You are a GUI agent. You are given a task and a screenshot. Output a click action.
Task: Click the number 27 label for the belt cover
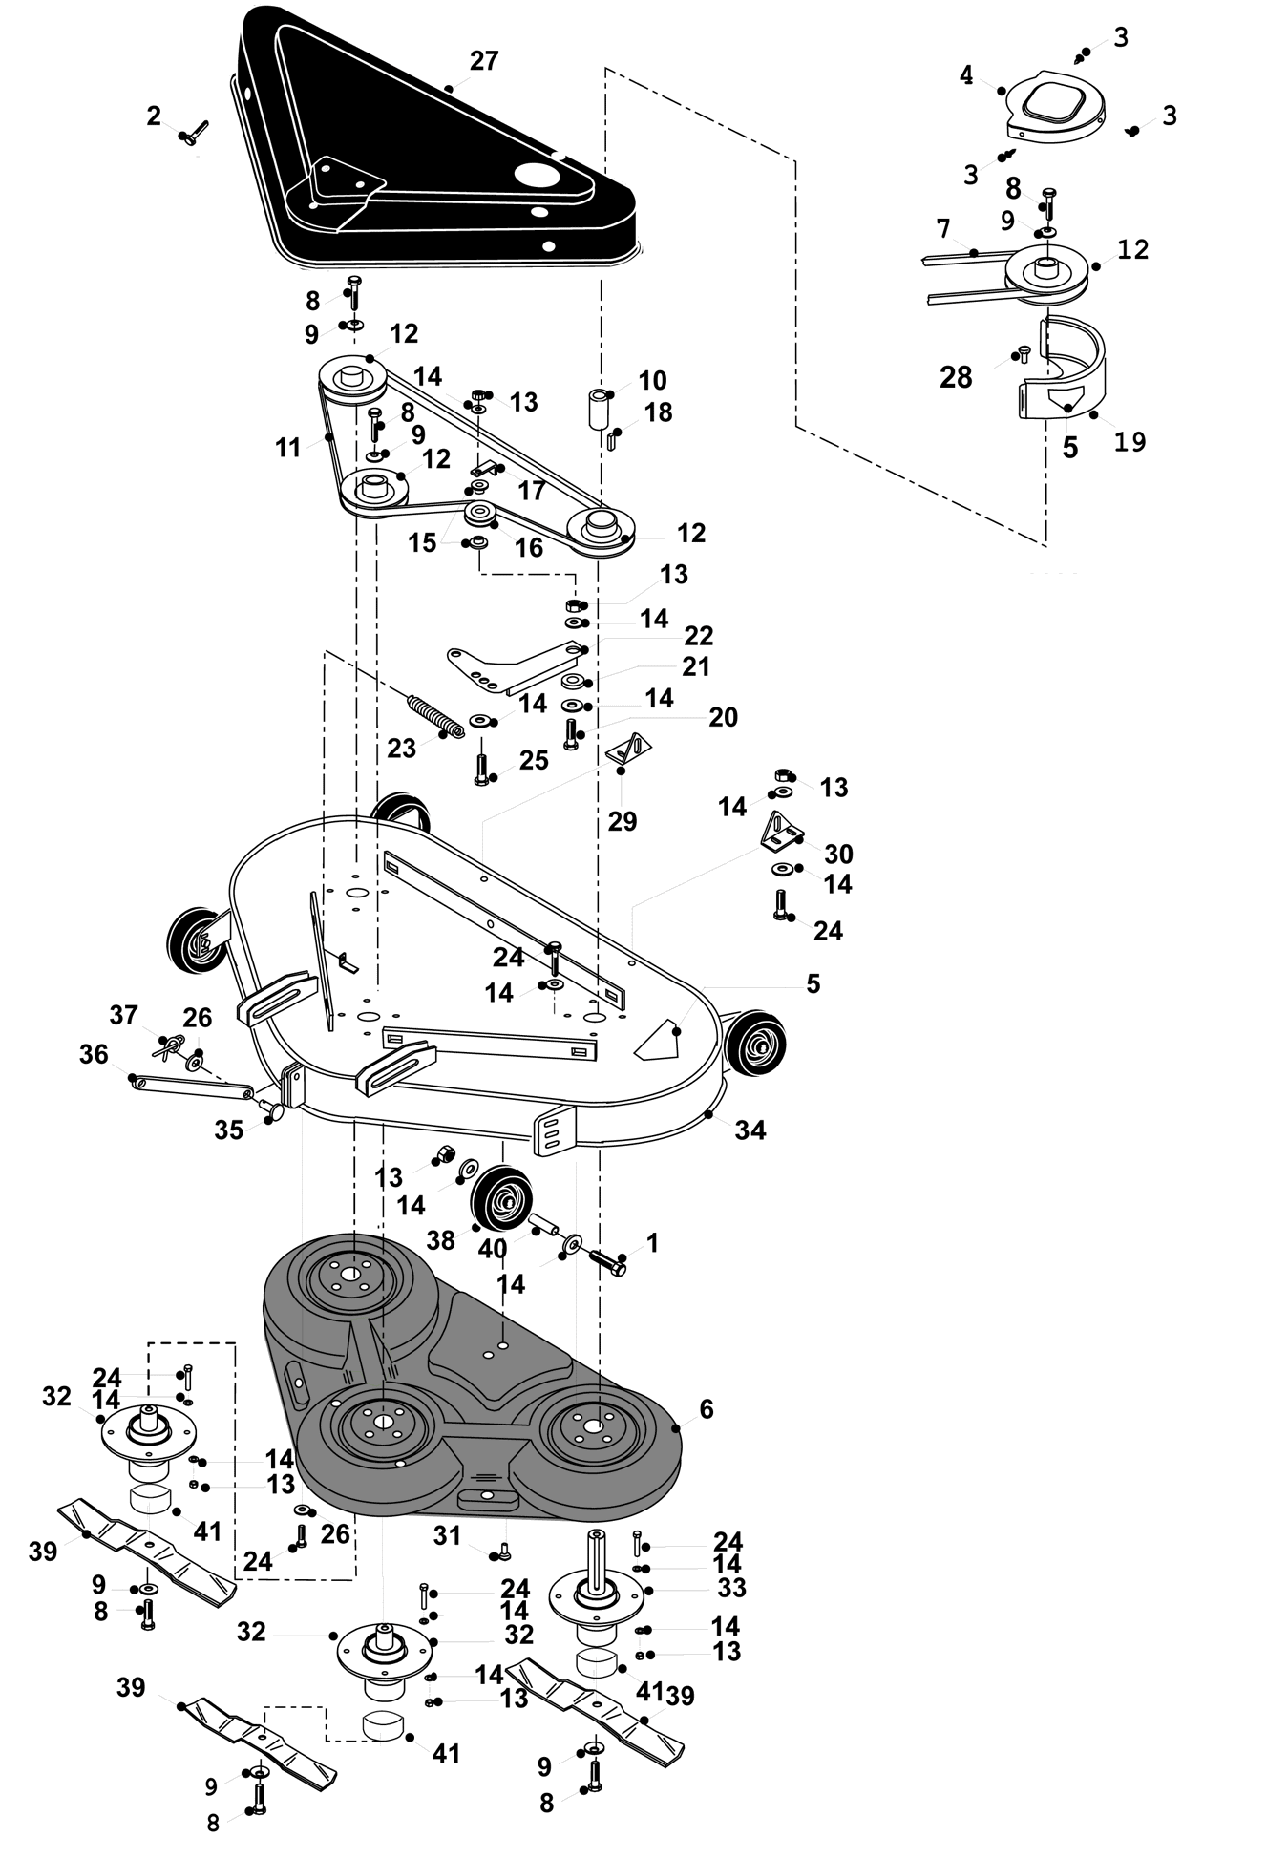484,61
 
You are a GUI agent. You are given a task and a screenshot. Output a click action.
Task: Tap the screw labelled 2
194,133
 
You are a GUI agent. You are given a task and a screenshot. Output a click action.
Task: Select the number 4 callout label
966,74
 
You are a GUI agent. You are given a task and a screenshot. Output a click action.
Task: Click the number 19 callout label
1130,441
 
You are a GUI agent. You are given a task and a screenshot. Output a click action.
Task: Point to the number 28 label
956,377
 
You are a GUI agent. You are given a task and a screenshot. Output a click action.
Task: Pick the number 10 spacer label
652,380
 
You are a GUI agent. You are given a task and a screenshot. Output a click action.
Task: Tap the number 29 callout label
623,821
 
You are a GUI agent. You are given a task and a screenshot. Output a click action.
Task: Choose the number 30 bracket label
838,853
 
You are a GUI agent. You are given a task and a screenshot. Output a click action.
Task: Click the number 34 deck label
750,1130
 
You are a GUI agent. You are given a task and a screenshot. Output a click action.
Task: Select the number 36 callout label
94,1054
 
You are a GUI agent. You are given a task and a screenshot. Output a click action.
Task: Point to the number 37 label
123,1014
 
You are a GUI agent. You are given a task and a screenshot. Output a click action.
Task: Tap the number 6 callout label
707,1409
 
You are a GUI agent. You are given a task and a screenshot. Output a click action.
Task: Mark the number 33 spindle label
731,1588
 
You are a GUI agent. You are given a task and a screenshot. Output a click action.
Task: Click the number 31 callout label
447,1535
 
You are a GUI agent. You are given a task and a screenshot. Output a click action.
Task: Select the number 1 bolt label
652,1242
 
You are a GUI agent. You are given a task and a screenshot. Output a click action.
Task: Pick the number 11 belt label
288,447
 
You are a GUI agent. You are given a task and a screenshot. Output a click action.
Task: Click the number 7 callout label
943,229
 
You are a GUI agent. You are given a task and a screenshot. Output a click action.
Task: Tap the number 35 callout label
228,1130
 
